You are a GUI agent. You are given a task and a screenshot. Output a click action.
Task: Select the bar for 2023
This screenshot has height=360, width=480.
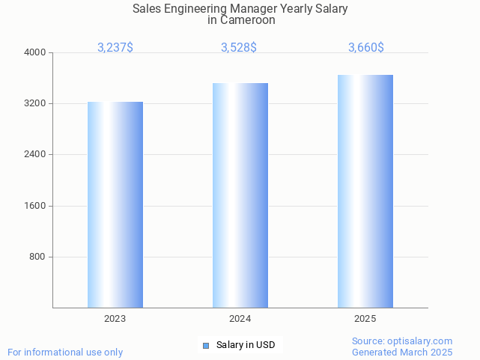[x=115, y=204]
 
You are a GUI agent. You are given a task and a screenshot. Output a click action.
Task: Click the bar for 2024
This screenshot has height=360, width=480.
[x=240, y=195]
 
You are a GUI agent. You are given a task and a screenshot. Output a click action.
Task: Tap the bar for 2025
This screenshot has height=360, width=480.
[x=365, y=191]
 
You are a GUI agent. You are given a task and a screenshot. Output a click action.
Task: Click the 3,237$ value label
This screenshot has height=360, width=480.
[x=115, y=47]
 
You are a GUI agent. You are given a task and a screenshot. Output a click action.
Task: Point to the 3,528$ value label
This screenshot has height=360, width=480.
[x=239, y=47]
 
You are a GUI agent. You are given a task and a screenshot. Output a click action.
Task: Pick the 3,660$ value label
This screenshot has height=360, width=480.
[x=366, y=47]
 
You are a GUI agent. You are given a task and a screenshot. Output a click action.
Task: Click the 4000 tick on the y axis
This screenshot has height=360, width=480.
[x=36, y=52]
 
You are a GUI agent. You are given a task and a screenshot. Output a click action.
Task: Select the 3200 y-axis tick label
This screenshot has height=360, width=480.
[x=36, y=103]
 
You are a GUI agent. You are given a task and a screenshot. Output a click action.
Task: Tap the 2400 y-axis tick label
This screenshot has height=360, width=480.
[x=36, y=154]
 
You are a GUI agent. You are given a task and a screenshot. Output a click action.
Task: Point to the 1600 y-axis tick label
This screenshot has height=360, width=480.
[x=36, y=206]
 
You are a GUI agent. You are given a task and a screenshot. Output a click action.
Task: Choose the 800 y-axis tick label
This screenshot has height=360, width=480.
[x=38, y=257]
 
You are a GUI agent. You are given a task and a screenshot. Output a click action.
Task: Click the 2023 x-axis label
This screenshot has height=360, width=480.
[x=115, y=319]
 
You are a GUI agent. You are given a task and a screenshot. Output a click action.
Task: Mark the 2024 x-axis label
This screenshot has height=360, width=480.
[x=240, y=319]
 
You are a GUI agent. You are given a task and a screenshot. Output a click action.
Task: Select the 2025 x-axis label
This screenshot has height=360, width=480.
[x=365, y=319]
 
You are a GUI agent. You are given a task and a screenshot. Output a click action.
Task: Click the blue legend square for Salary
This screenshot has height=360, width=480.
[x=206, y=345]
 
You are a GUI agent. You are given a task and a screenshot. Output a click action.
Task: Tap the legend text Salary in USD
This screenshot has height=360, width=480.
[x=246, y=345]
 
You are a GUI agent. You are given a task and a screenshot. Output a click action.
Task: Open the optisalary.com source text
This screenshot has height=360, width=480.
[x=402, y=341]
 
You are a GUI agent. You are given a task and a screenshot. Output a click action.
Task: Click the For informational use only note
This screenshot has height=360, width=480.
[x=65, y=352]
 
